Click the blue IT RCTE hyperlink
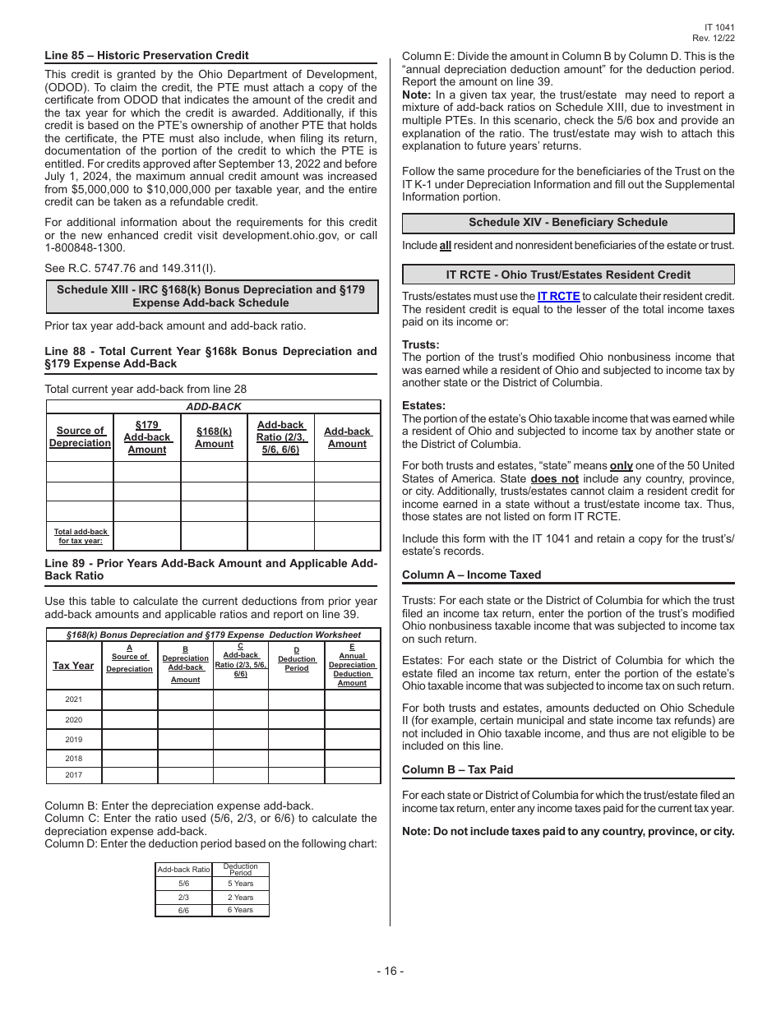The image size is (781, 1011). pos(558,296)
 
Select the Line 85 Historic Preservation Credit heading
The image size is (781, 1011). pos(146,55)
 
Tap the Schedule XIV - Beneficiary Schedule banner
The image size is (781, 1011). pos(567,223)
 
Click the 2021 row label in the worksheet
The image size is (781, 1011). pos(74,699)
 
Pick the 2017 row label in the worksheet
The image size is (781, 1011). pos(74,775)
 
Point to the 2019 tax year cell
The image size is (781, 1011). pos(74,739)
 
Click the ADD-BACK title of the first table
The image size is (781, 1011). pos(213,407)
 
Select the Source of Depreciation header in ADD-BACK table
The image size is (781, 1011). pos(80,436)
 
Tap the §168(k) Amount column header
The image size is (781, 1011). pos(214,437)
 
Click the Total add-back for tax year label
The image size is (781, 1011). pos(81,536)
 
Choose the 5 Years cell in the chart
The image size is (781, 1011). pos(240,884)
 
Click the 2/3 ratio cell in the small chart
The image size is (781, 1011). pos(183,898)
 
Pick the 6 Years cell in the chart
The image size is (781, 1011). pos(240,910)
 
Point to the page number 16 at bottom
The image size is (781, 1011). pos(390,971)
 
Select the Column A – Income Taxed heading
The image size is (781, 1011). pos(471,575)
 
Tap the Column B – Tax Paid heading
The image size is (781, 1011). pos(457,769)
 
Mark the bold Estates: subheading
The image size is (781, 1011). pos(423,405)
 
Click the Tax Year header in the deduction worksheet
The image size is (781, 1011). pos(73,666)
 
